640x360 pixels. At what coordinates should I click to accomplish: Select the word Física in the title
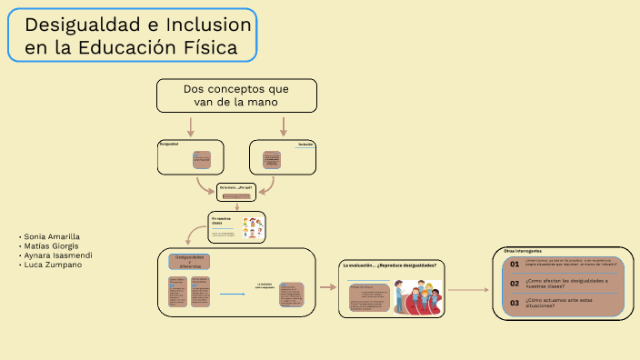click(x=214, y=46)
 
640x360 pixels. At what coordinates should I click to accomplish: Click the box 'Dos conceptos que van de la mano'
click(x=236, y=95)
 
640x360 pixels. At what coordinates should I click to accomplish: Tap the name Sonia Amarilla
click(x=52, y=236)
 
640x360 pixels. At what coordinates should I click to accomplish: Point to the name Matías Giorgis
click(x=51, y=245)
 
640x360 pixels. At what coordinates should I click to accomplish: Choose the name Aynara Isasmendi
click(x=56, y=255)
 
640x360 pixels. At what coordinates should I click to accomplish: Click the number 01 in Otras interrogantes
click(x=515, y=264)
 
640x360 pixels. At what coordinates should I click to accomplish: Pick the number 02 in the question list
click(x=515, y=283)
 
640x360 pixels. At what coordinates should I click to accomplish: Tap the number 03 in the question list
click(x=515, y=303)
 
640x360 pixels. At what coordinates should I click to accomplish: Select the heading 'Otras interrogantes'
click(x=523, y=251)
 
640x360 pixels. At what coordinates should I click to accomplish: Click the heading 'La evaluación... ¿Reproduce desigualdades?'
click(x=389, y=265)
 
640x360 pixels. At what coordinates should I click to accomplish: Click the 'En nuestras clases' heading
click(x=222, y=221)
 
